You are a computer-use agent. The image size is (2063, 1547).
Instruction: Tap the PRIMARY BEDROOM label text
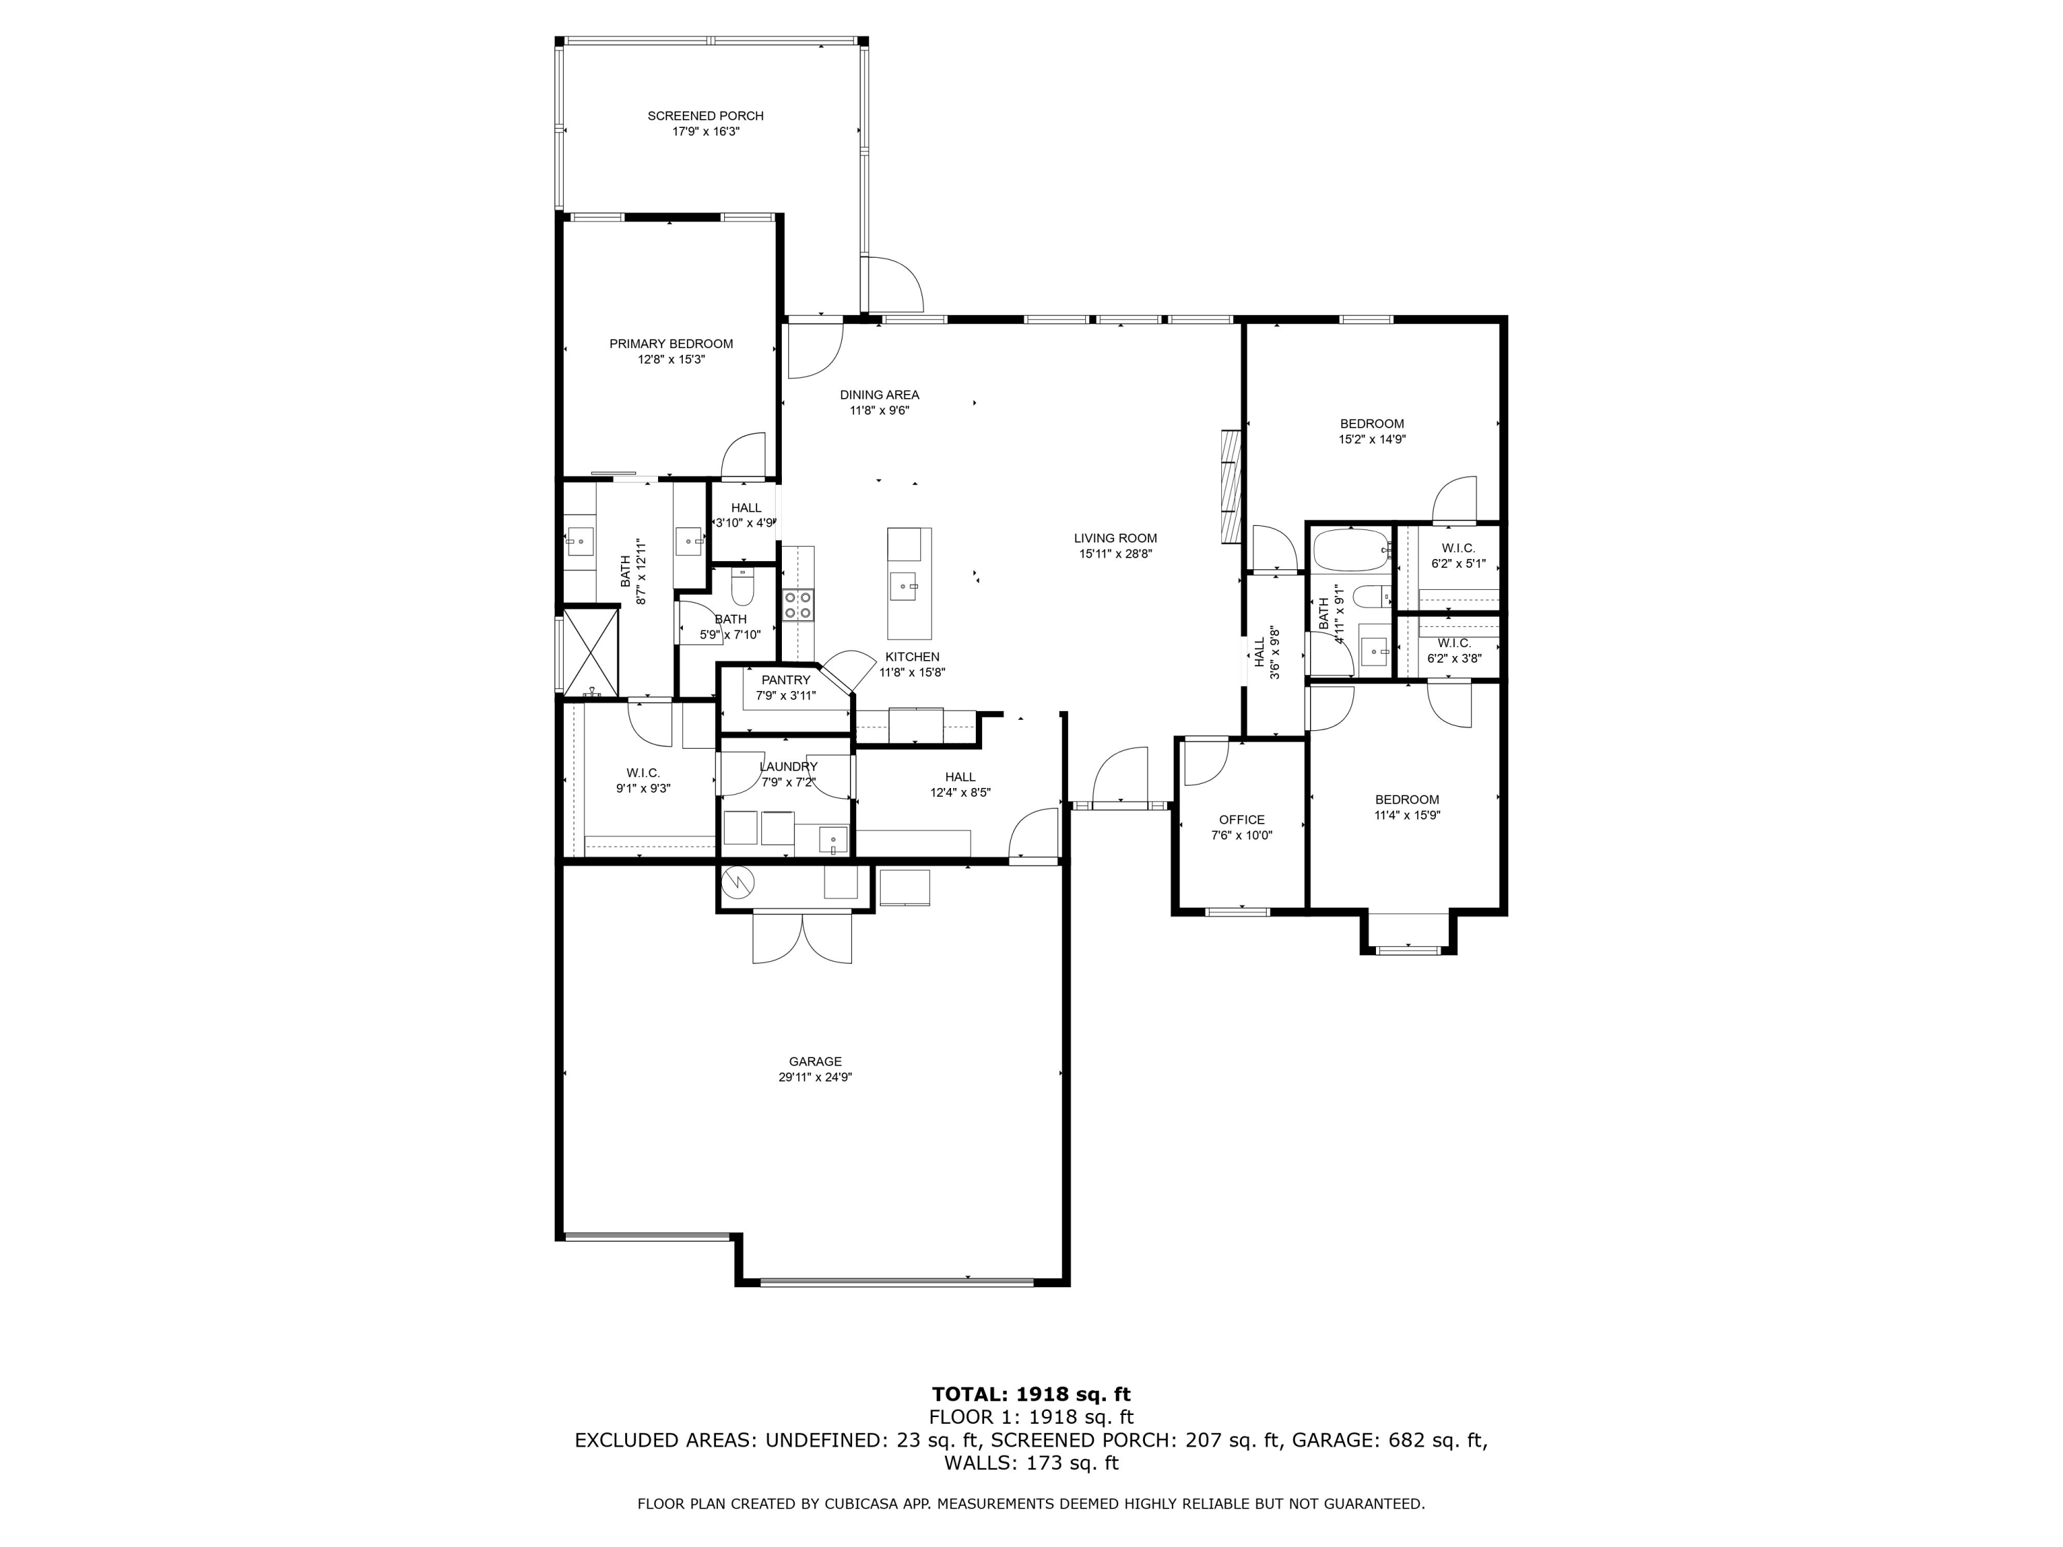pos(670,343)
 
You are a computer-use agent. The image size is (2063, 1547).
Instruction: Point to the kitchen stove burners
pos(798,604)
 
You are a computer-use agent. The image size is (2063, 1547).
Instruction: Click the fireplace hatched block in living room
pos(1231,486)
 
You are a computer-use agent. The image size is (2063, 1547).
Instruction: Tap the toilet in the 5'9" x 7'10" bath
pos(743,589)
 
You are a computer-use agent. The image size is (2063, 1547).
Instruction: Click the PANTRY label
pos(785,680)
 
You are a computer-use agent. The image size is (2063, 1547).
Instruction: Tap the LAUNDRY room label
pos(788,767)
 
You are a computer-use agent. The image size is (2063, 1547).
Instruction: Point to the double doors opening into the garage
pos(802,938)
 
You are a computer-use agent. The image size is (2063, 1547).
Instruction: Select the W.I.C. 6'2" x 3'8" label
pos(1454,644)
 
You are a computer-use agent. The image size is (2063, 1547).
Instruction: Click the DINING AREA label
pos(879,395)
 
